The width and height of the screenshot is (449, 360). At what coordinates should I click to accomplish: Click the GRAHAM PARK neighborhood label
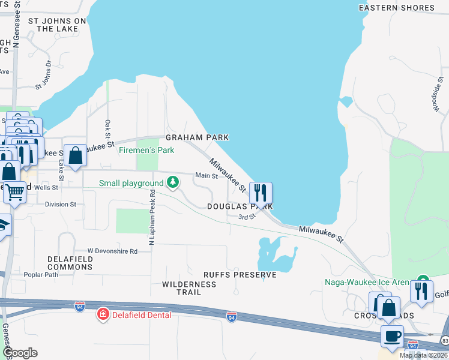pyautogui.click(x=197, y=137)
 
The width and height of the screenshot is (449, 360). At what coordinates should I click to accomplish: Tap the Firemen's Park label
pyautogui.click(x=146, y=150)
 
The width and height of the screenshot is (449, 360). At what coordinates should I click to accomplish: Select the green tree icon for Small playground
pyautogui.click(x=173, y=181)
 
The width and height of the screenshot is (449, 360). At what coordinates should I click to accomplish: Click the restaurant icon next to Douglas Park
pyautogui.click(x=260, y=193)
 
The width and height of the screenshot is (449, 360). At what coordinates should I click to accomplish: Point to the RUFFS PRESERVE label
pyautogui.click(x=240, y=275)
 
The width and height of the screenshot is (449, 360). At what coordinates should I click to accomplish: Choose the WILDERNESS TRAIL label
pyautogui.click(x=188, y=287)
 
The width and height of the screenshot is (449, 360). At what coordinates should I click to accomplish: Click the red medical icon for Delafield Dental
pyautogui.click(x=103, y=314)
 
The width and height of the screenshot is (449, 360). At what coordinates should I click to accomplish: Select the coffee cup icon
pyautogui.click(x=392, y=336)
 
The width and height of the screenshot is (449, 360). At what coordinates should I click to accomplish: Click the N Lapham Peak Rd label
pyautogui.click(x=151, y=218)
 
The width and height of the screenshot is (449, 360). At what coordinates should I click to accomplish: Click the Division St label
pyautogui.click(x=61, y=204)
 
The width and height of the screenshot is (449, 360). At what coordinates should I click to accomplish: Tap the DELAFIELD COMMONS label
pyautogui.click(x=70, y=262)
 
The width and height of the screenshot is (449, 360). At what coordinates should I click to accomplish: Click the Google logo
pyautogui.click(x=20, y=353)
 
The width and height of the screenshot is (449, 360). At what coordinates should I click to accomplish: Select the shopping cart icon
pyautogui.click(x=15, y=193)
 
